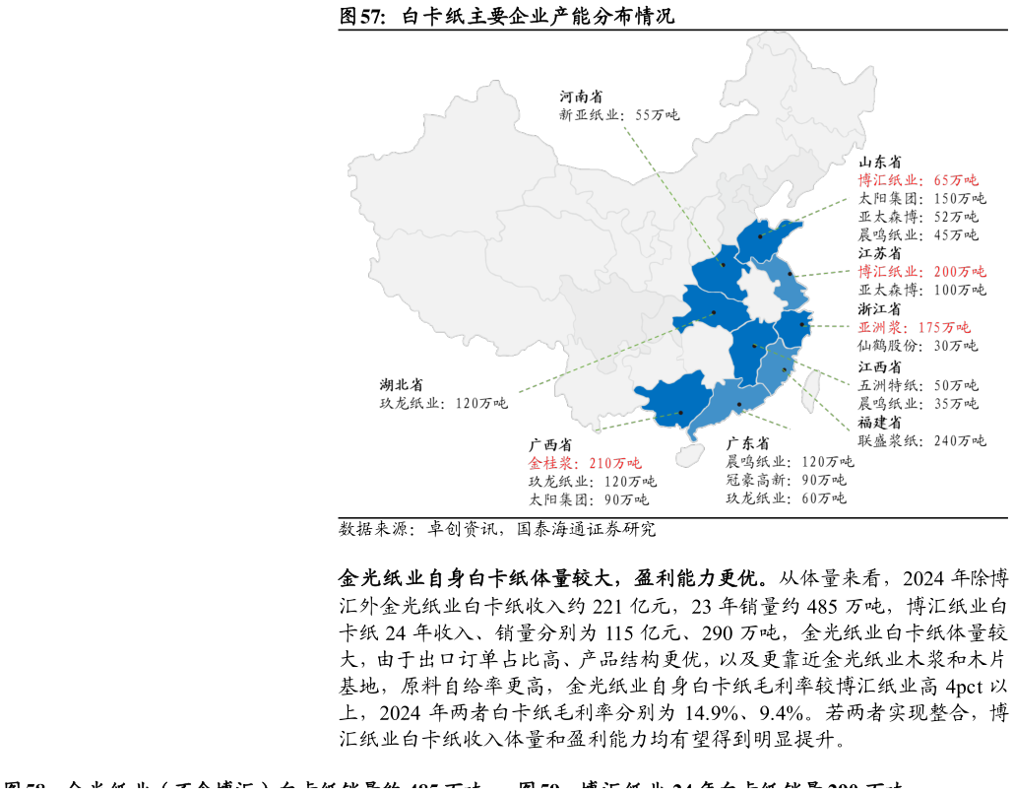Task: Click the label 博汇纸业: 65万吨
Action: [x=918, y=180]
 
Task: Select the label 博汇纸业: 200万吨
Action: [x=921, y=272]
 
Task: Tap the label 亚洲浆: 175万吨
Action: [x=914, y=328]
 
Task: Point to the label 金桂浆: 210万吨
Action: [x=584, y=463]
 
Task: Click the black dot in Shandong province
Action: [x=760, y=236]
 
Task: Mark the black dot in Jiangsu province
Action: [x=789, y=275]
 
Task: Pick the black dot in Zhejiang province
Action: [x=801, y=324]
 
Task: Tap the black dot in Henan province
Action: [x=723, y=264]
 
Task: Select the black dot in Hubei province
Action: [x=714, y=312]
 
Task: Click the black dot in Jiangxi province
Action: [x=754, y=346]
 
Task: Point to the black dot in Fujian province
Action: [x=785, y=369]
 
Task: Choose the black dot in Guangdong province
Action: [x=739, y=404]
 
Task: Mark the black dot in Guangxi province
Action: [x=680, y=413]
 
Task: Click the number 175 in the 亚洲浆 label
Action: [x=929, y=328]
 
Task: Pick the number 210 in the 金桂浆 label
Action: [x=601, y=463]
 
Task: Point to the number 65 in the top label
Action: [x=941, y=180]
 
